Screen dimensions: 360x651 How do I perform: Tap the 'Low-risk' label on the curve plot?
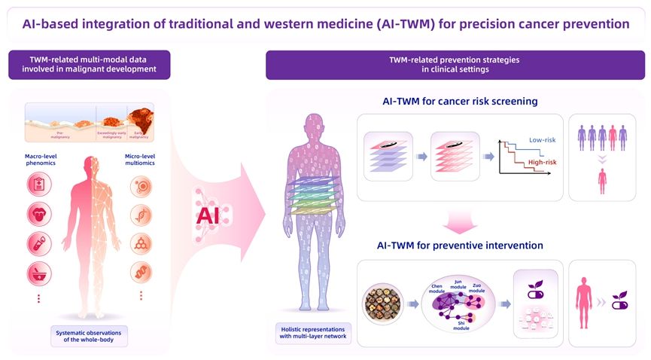[542, 140]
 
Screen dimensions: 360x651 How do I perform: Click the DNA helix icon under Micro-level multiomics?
[140, 215]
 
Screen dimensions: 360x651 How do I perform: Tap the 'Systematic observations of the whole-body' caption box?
[90, 335]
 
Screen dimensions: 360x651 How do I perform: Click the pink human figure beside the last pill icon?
[583, 302]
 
